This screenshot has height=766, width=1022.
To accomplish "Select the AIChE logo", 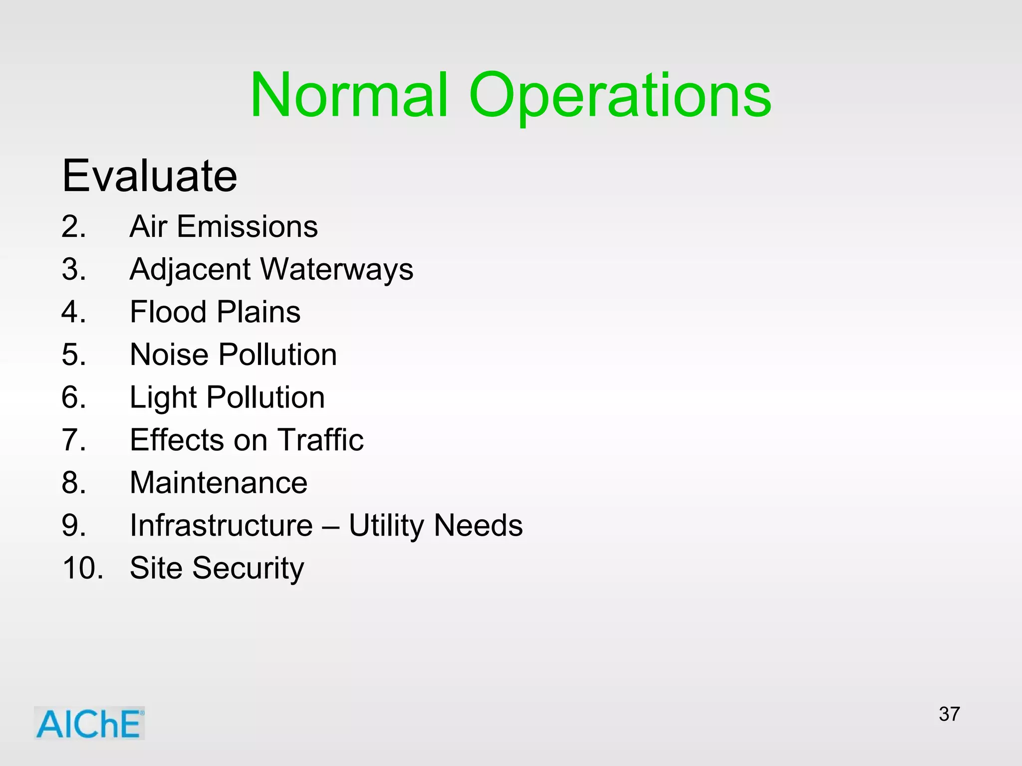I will coord(89,723).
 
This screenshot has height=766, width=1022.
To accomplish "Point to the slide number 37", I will coord(949,714).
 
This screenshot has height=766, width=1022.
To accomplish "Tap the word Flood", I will coord(168,312).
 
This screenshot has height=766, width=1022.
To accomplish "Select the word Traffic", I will coord(321,440).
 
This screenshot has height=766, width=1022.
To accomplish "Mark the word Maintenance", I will coord(219,483).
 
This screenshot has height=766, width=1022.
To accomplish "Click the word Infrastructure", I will coord(221,525).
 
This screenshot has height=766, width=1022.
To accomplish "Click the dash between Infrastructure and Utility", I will coord(331,526).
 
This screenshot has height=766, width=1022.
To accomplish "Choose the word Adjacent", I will coord(190,269).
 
